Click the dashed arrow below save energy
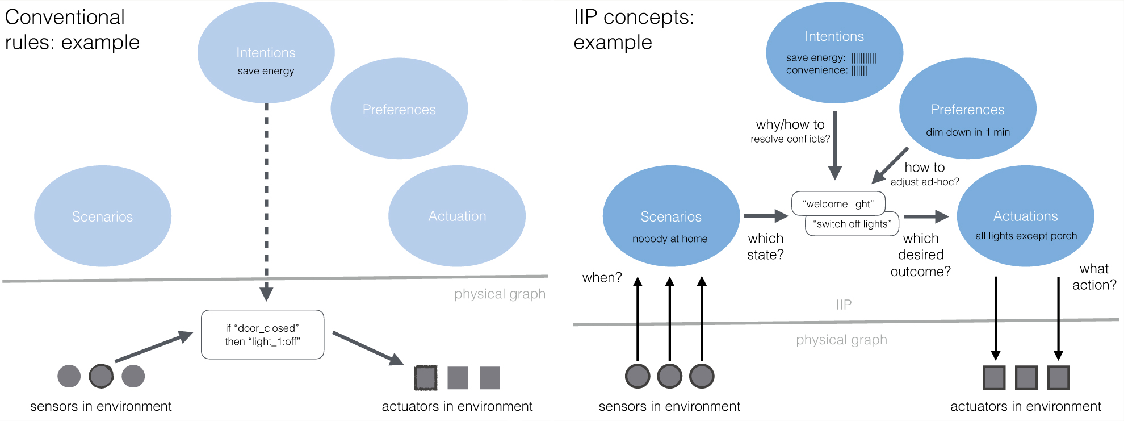pyautogui.click(x=266, y=202)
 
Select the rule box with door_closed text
pyautogui.click(x=263, y=335)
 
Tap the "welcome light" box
pyautogui.click(x=838, y=204)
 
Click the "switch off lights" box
pyautogui.click(x=852, y=224)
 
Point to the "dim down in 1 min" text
pyautogui.click(x=968, y=132)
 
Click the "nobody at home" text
pyautogui.click(x=670, y=239)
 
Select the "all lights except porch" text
pyautogui.click(x=1026, y=236)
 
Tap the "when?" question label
pyautogui.click(x=602, y=277)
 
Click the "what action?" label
pyautogui.click(x=1094, y=277)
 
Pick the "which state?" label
pyautogui.click(x=765, y=247)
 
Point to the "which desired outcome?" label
pyautogui.click(x=920, y=255)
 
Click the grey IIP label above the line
pyautogui.click(x=844, y=305)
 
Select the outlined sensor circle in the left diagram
pyautogui.click(x=101, y=376)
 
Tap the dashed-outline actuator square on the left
pyautogui.click(x=426, y=378)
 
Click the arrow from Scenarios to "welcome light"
pyautogui.click(x=766, y=216)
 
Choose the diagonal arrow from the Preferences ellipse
pyautogui.click(x=890, y=166)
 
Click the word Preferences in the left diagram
pyautogui.click(x=399, y=110)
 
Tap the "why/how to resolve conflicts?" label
pyautogui.click(x=790, y=131)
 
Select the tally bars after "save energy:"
pyautogui.click(x=864, y=58)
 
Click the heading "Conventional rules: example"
pyautogui.click(x=72, y=30)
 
